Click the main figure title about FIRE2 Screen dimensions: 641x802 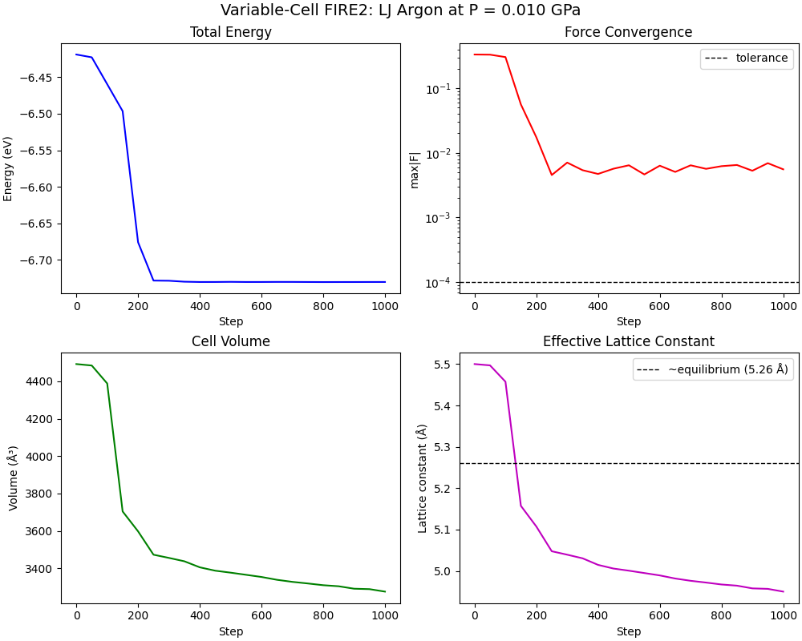pos(401,10)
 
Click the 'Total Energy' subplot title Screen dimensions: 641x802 pos(230,33)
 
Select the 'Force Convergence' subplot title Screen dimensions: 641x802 pos(628,33)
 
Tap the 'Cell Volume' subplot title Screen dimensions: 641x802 pos(230,341)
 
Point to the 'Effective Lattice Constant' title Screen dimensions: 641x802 pos(628,341)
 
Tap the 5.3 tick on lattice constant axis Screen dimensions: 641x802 pos(443,447)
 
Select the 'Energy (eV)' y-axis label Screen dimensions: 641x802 pos(9,168)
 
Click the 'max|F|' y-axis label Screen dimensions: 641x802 pos(415,168)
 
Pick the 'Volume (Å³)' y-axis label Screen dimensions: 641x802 pos(14,478)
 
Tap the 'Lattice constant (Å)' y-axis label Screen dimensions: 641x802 pos(422,478)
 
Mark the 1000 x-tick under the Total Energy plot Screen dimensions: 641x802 pos(385,306)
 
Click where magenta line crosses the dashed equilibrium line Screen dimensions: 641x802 pos(515,463)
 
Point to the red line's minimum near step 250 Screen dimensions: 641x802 pos(552,175)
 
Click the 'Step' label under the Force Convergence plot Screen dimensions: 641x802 pos(628,321)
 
